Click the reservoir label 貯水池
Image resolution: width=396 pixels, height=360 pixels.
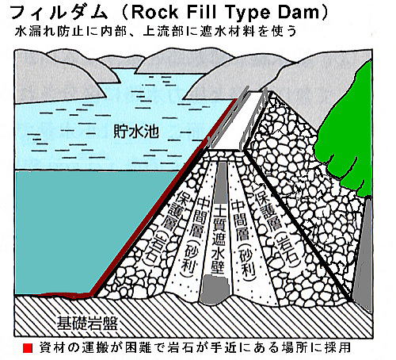coord(136,131)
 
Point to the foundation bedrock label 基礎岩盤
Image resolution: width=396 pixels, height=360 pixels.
coord(87,323)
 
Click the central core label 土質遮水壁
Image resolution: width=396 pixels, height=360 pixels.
coord(219,239)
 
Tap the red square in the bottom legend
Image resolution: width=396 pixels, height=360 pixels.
coord(28,348)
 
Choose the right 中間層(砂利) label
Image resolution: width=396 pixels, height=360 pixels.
coord(243,238)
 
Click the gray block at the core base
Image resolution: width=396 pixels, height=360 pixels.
coord(215,289)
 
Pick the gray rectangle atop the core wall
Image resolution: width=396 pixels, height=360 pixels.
coord(222,182)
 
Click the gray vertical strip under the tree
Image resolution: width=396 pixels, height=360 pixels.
coord(364,251)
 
